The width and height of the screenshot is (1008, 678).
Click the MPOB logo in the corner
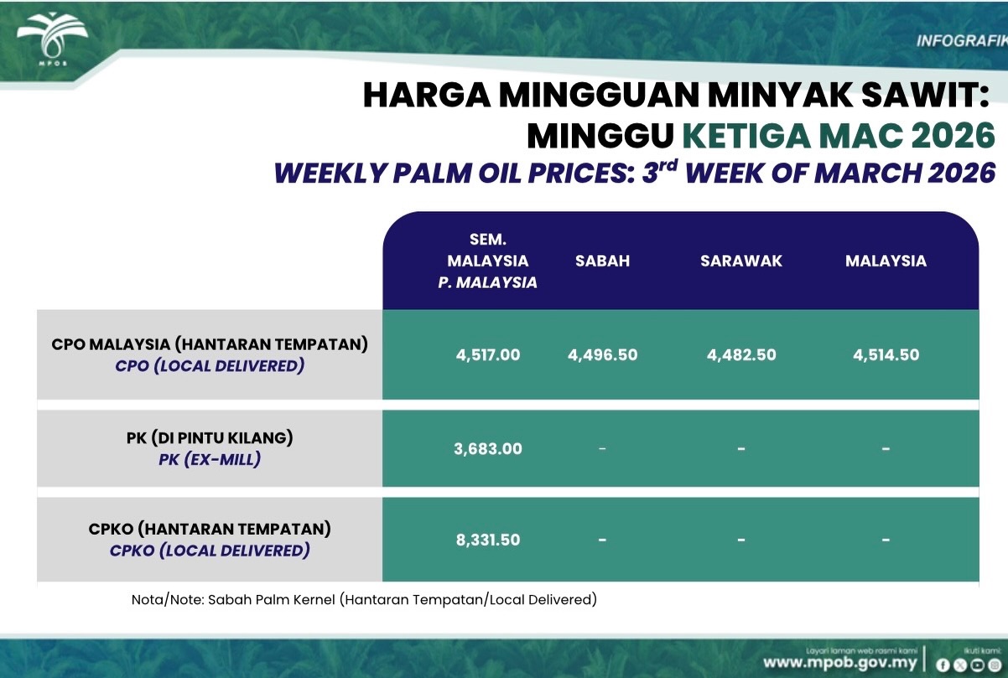(x=53, y=39)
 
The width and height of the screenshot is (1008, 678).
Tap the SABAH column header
(x=603, y=261)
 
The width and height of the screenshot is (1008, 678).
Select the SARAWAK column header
(x=741, y=261)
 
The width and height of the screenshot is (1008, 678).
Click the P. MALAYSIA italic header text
(x=488, y=282)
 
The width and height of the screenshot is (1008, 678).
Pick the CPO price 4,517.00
(x=488, y=355)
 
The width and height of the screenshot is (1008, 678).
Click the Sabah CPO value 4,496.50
(x=603, y=355)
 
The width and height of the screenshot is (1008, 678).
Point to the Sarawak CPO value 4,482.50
(x=741, y=355)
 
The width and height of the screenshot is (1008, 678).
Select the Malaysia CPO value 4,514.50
(x=886, y=355)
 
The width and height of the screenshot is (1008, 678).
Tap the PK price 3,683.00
(x=488, y=448)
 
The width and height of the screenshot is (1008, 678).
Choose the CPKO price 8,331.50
(x=488, y=540)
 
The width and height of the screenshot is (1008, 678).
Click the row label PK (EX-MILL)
(x=210, y=459)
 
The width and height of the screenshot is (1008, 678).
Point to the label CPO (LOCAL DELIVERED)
(x=210, y=366)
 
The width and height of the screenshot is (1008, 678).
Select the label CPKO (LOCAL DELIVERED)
(x=210, y=551)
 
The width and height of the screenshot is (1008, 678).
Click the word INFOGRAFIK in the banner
(x=962, y=41)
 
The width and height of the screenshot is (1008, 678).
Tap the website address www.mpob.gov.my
(x=840, y=663)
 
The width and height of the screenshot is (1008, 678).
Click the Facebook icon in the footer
(x=943, y=665)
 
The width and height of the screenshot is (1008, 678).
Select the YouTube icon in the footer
(x=977, y=665)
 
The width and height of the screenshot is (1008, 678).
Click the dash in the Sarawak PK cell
(x=741, y=448)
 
